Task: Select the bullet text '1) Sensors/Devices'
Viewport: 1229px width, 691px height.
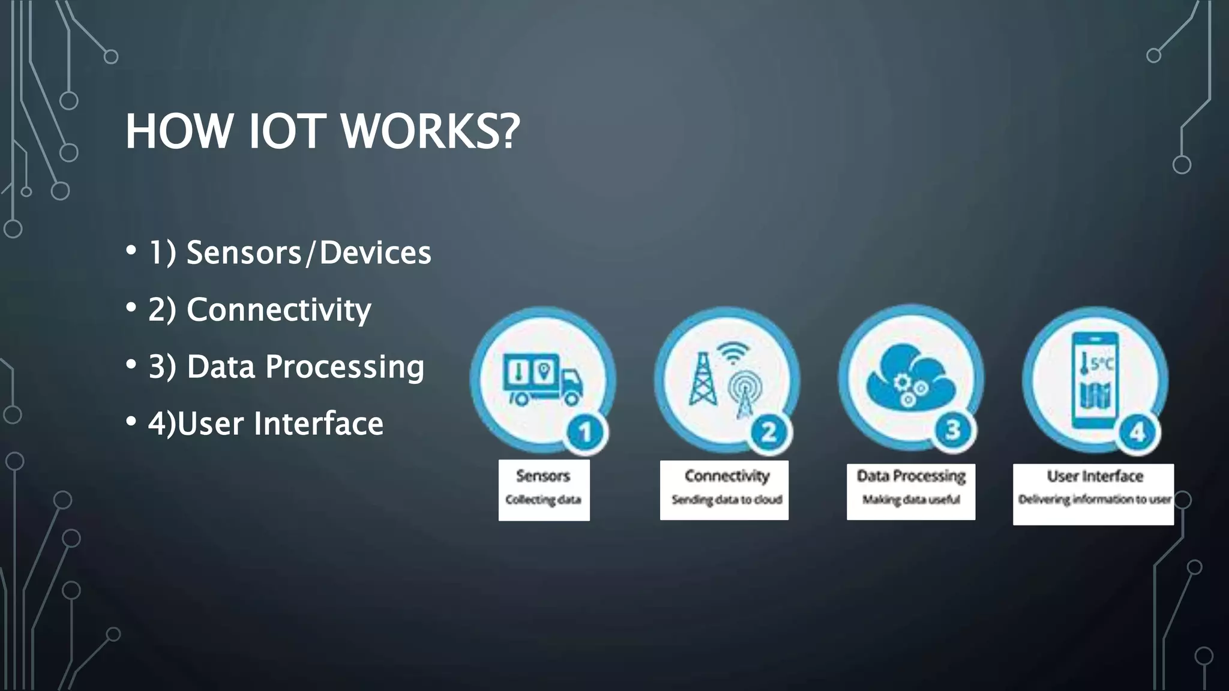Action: (289, 253)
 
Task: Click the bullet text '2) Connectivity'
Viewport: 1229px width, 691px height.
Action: (259, 310)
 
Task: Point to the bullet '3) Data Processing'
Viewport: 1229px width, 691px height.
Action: (286, 366)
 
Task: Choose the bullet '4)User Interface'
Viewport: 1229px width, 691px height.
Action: (265, 423)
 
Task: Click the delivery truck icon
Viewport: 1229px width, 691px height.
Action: (542, 378)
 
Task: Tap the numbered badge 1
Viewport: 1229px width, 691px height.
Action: (585, 432)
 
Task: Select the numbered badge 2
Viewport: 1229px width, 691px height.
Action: (769, 432)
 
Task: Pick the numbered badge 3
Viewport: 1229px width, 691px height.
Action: (953, 430)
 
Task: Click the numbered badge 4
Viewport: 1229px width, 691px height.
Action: (1137, 432)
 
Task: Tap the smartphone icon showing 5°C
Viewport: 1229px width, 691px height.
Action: (1095, 380)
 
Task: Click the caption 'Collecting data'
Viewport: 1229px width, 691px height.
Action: (543, 500)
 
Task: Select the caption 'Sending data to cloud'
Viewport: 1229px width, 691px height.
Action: (726, 500)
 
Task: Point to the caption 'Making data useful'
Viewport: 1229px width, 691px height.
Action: (911, 500)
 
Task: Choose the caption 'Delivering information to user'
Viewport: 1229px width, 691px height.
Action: (1094, 499)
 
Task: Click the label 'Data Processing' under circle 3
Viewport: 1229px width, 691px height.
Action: (911, 476)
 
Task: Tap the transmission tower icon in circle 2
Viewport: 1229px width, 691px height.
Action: (702, 379)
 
